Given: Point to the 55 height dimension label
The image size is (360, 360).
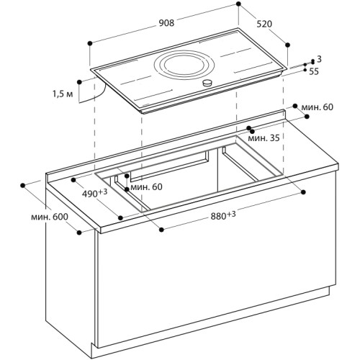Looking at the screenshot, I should [314, 71].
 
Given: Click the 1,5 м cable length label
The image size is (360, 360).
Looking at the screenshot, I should [63, 94].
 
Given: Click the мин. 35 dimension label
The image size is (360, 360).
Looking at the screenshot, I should [264, 137].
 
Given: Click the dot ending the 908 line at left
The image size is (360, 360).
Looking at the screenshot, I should [90, 44].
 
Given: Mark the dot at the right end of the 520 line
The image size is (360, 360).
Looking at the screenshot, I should [289, 63].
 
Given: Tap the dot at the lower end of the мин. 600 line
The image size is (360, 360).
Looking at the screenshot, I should [79, 231].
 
